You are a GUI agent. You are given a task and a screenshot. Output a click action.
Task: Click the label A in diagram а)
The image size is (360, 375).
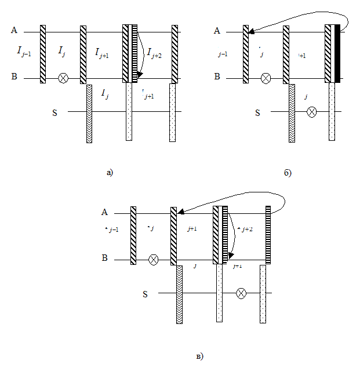[x=14, y=30]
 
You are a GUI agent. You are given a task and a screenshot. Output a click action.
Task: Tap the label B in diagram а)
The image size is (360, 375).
[x=14, y=76]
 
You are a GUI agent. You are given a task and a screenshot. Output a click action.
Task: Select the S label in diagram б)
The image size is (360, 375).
[x=257, y=113]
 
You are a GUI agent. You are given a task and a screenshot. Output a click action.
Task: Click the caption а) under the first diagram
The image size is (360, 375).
[x=110, y=172]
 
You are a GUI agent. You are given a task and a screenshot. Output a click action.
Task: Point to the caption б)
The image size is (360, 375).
[x=288, y=173]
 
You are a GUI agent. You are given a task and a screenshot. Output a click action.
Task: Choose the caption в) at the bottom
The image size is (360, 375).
[x=200, y=355]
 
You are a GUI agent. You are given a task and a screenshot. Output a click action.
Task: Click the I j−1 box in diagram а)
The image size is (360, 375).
[x=24, y=54]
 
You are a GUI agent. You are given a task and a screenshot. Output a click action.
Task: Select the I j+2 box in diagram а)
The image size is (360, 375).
[x=155, y=55]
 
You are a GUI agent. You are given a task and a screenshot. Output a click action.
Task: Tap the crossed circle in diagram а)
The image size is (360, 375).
[x=63, y=78]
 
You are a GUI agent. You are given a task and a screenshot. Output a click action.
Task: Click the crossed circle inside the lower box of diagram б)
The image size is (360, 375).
[x=311, y=112]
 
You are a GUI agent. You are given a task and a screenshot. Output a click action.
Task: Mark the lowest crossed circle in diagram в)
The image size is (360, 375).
[x=241, y=294]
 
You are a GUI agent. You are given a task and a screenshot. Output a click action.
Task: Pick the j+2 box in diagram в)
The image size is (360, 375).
[x=246, y=235]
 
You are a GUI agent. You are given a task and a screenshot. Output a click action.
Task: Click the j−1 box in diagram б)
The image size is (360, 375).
[x=226, y=54]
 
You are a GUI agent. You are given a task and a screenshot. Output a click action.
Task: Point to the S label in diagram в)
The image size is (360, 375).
[x=145, y=294]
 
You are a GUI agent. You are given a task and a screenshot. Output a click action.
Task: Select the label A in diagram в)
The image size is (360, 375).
[x=105, y=212]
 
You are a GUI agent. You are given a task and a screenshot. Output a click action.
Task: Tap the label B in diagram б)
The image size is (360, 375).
[x=217, y=76]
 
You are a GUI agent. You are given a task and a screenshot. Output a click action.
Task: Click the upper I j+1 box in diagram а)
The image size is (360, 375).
[x=104, y=55]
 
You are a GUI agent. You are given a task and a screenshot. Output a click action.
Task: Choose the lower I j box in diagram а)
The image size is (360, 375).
[x=108, y=97]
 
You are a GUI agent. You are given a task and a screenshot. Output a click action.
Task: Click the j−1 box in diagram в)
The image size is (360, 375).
[x=115, y=235]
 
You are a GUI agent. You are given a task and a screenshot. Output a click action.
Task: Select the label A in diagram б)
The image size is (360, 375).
[x=217, y=30]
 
